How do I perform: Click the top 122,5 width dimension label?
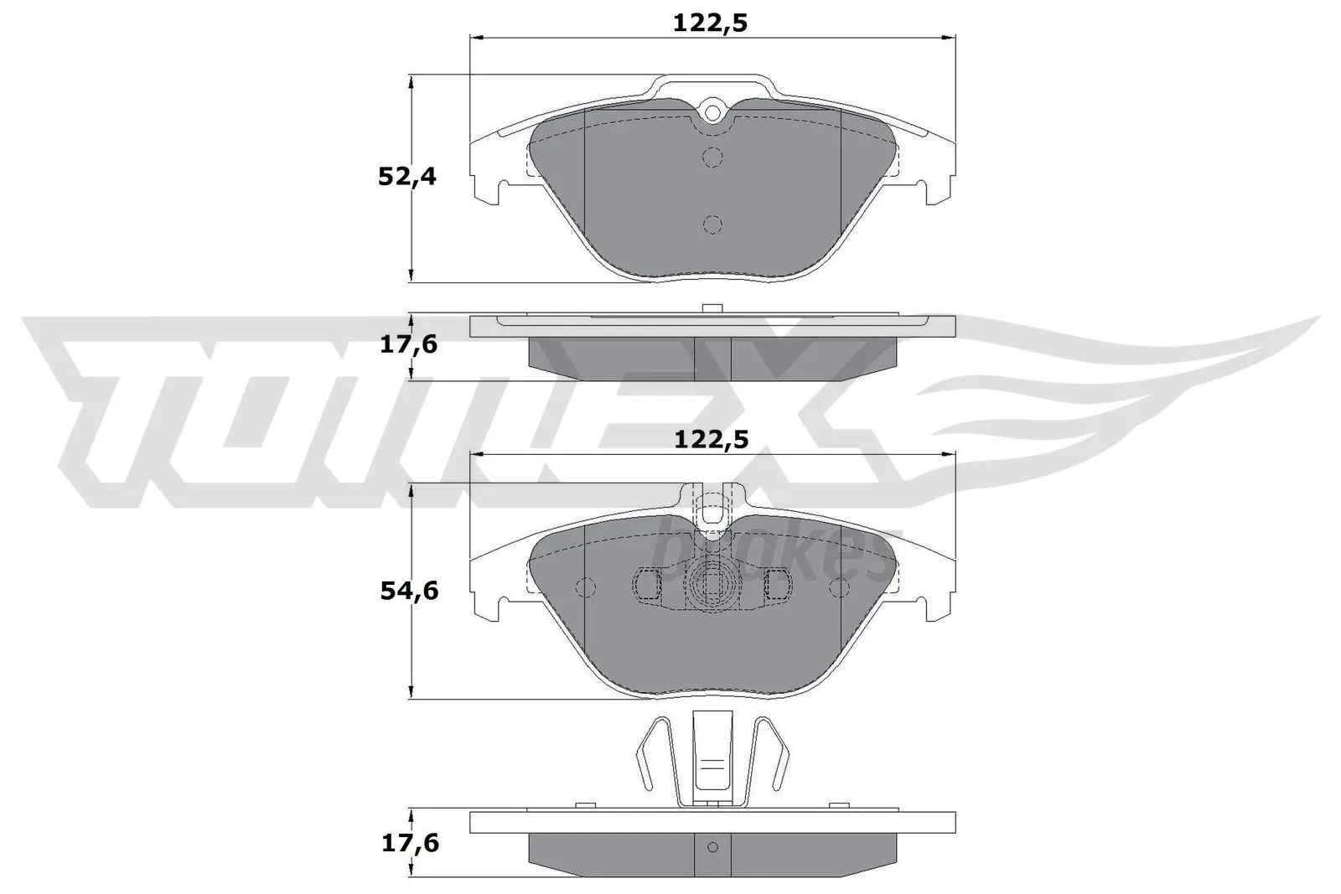tap(710, 23)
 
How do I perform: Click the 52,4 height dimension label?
tap(406, 177)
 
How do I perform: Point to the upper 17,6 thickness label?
tap(409, 344)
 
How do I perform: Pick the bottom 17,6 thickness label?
tap(409, 843)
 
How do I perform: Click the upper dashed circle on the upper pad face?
tap(712, 157)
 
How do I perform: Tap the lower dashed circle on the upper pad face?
tap(712, 224)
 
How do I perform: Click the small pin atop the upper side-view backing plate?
tap(712, 308)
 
